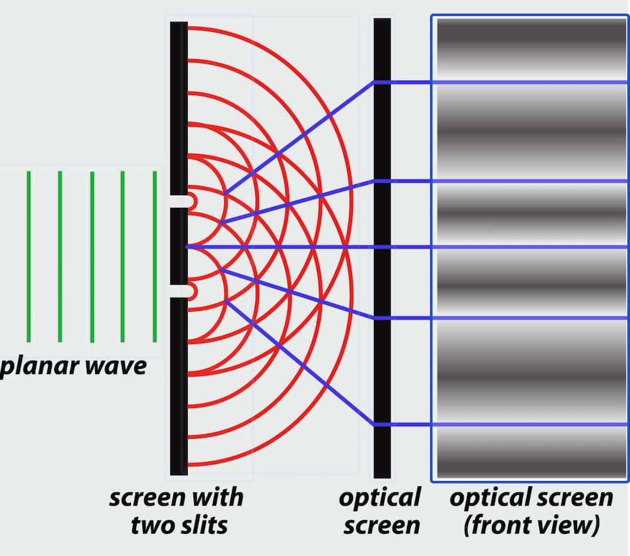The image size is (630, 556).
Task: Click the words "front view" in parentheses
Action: coord(530,525)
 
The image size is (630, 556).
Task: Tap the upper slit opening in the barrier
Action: coord(180,201)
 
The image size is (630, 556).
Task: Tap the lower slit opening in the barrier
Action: coord(180,290)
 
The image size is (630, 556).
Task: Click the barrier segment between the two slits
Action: coord(178,246)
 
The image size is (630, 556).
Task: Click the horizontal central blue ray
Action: coord(283,247)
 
